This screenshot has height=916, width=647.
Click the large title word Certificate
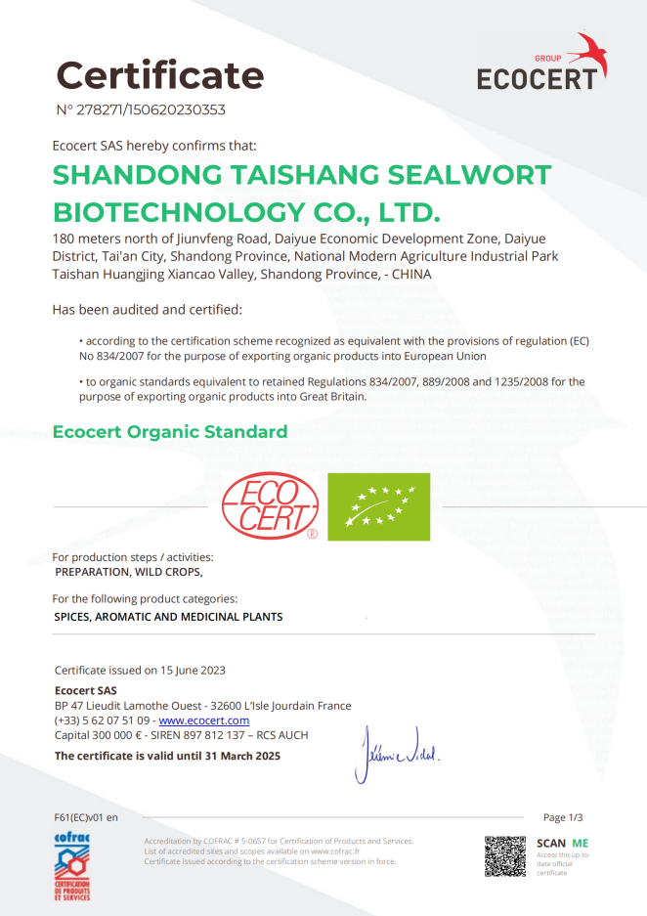click(x=159, y=74)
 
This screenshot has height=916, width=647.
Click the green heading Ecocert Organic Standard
click(x=170, y=432)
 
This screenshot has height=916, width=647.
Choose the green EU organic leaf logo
click(x=378, y=506)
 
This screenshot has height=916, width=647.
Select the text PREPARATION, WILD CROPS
click(x=129, y=572)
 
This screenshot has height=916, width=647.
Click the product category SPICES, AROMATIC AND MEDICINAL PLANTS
click(x=168, y=617)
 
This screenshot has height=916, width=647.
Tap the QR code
click(x=505, y=856)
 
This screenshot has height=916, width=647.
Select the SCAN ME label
click(x=562, y=843)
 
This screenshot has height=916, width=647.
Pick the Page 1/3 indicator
click(x=569, y=817)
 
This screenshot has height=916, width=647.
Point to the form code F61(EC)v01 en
click(x=86, y=817)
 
